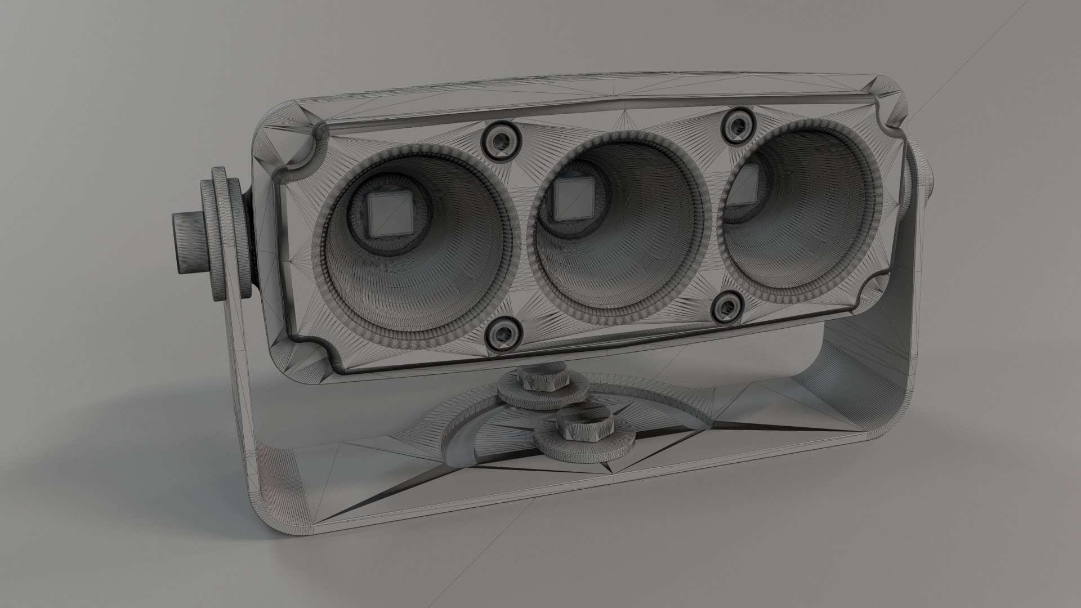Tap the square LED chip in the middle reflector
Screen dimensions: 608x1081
click(x=572, y=198)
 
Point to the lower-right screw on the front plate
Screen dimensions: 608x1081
click(x=730, y=307)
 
